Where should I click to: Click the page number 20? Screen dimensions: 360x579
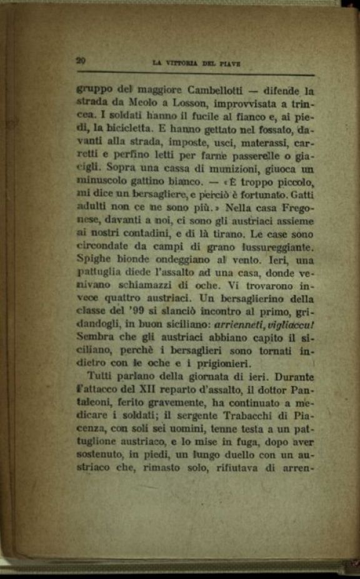pyautogui.click(x=81, y=61)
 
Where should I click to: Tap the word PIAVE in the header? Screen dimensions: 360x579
pyautogui.click(x=229, y=63)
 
